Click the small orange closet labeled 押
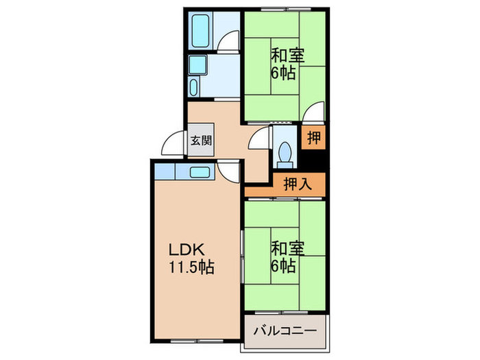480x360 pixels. pyautogui.click(x=314, y=137)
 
